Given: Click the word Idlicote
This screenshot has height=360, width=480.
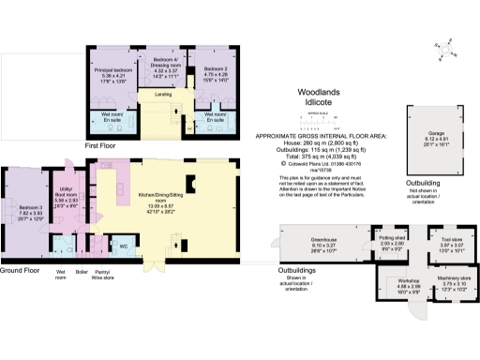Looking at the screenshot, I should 322,102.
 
